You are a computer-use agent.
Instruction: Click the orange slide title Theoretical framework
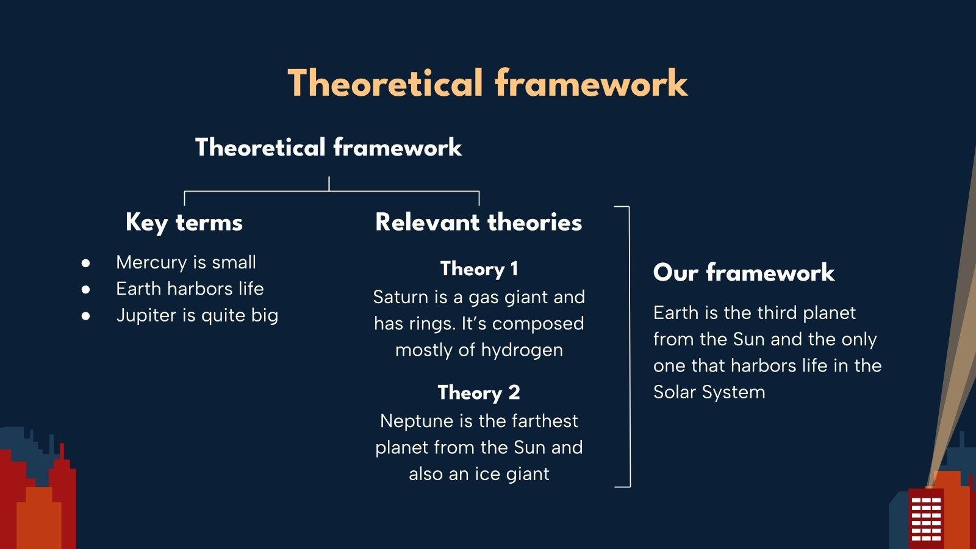tap(487, 83)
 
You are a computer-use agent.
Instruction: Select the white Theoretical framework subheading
tap(329, 147)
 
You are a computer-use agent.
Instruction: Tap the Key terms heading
tap(184, 223)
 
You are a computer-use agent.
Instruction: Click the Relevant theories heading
tap(478, 222)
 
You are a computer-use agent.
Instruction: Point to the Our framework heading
tap(744, 272)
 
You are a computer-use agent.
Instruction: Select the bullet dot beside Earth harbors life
tap(85, 289)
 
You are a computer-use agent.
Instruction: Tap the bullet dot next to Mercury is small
tap(85, 263)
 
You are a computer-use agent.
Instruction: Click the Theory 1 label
tap(479, 269)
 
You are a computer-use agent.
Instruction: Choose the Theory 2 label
tap(479, 393)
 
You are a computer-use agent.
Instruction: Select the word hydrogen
tap(522, 351)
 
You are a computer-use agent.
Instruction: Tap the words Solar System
tap(709, 392)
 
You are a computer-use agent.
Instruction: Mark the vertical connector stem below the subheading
tap(329, 184)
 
